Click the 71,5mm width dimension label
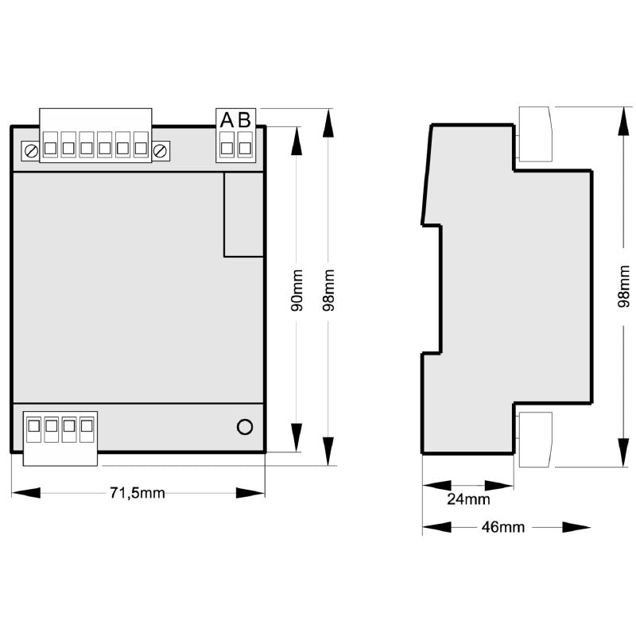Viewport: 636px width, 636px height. click(138, 493)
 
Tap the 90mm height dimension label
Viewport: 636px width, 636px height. click(297, 290)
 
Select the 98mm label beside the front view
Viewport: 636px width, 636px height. click(328, 290)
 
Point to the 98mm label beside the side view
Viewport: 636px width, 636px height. click(624, 286)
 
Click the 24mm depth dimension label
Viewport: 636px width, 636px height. click(468, 499)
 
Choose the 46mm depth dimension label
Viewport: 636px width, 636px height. click(503, 527)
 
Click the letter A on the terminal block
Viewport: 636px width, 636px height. click(227, 120)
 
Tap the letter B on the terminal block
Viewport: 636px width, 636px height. click(245, 120)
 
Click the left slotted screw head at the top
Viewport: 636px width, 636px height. click(31, 151)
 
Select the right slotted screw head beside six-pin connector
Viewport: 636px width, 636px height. click(161, 151)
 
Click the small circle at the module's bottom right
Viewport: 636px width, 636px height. click(245, 427)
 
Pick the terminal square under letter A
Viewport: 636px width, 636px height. click(227, 148)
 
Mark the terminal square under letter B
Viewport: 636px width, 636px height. click(245, 148)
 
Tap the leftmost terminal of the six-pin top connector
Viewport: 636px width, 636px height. click(50, 148)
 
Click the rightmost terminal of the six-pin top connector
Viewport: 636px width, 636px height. click(141, 148)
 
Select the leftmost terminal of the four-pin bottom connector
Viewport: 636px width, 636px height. click(33, 426)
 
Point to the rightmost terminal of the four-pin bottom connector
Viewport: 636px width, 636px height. click(87, 426)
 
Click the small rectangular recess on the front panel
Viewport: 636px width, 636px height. click(243, 215)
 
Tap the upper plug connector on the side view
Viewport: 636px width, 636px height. click(535, 134)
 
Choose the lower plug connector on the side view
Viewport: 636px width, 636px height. click(535, 440)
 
